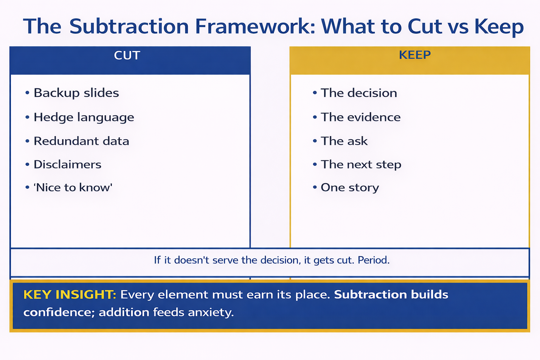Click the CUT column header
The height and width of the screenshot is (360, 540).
pyautogui.click(x=127, y=56)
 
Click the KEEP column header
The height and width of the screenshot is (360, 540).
pyautogui.click(x=414, y=55)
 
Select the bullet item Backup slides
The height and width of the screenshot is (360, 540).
pyautogui.click(x=76, y=93)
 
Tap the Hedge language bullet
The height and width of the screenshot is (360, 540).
pyautogui.click(x=84, y=117)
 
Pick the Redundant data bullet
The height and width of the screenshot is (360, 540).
pyautogui.click(x=81, y=141)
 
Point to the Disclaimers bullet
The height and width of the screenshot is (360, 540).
pyautogui.click(x=67, y=165)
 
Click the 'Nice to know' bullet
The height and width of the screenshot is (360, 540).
pyautogui.click(x=73, y=188)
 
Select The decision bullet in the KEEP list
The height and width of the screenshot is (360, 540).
pyautogui.click(x=359, y=93)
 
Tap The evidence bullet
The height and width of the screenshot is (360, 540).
pyautogui.click(x=360, y=117)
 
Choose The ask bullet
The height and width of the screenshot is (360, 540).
pyautogui.click(x=344, y=141)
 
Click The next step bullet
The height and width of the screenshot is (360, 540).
pyautogui.click(x=361, y=165)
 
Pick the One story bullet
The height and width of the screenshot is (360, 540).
pyautogui.click(x=349, y=188)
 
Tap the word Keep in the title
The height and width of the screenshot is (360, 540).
pyautogui.click(x=499, y=27)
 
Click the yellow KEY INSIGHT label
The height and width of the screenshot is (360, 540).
pyautogui.click(x=70, y=295)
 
